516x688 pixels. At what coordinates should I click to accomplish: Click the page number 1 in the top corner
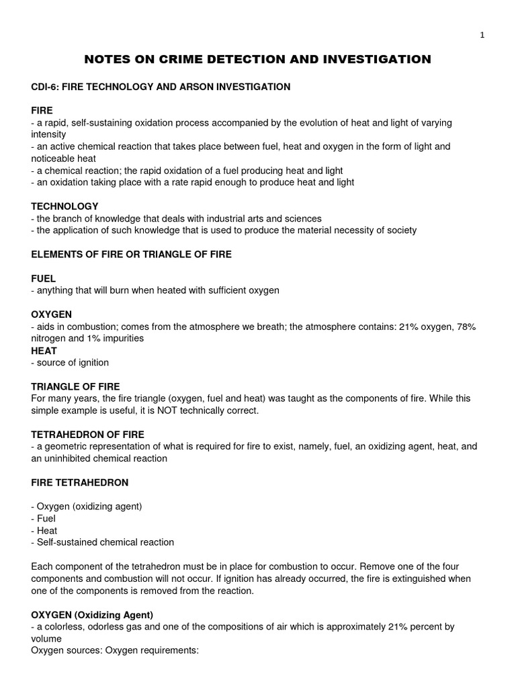[482, 36]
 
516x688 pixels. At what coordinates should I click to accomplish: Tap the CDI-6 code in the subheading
[46, 87]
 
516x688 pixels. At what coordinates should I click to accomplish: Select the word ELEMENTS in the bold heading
[59, 254]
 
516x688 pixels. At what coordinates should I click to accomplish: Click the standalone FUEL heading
[44, 278]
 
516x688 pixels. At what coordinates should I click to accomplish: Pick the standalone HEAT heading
[44, 351]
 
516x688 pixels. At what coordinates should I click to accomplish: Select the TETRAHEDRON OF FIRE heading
[88, 435]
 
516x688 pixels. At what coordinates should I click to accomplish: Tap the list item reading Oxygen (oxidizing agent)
[87, 506]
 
